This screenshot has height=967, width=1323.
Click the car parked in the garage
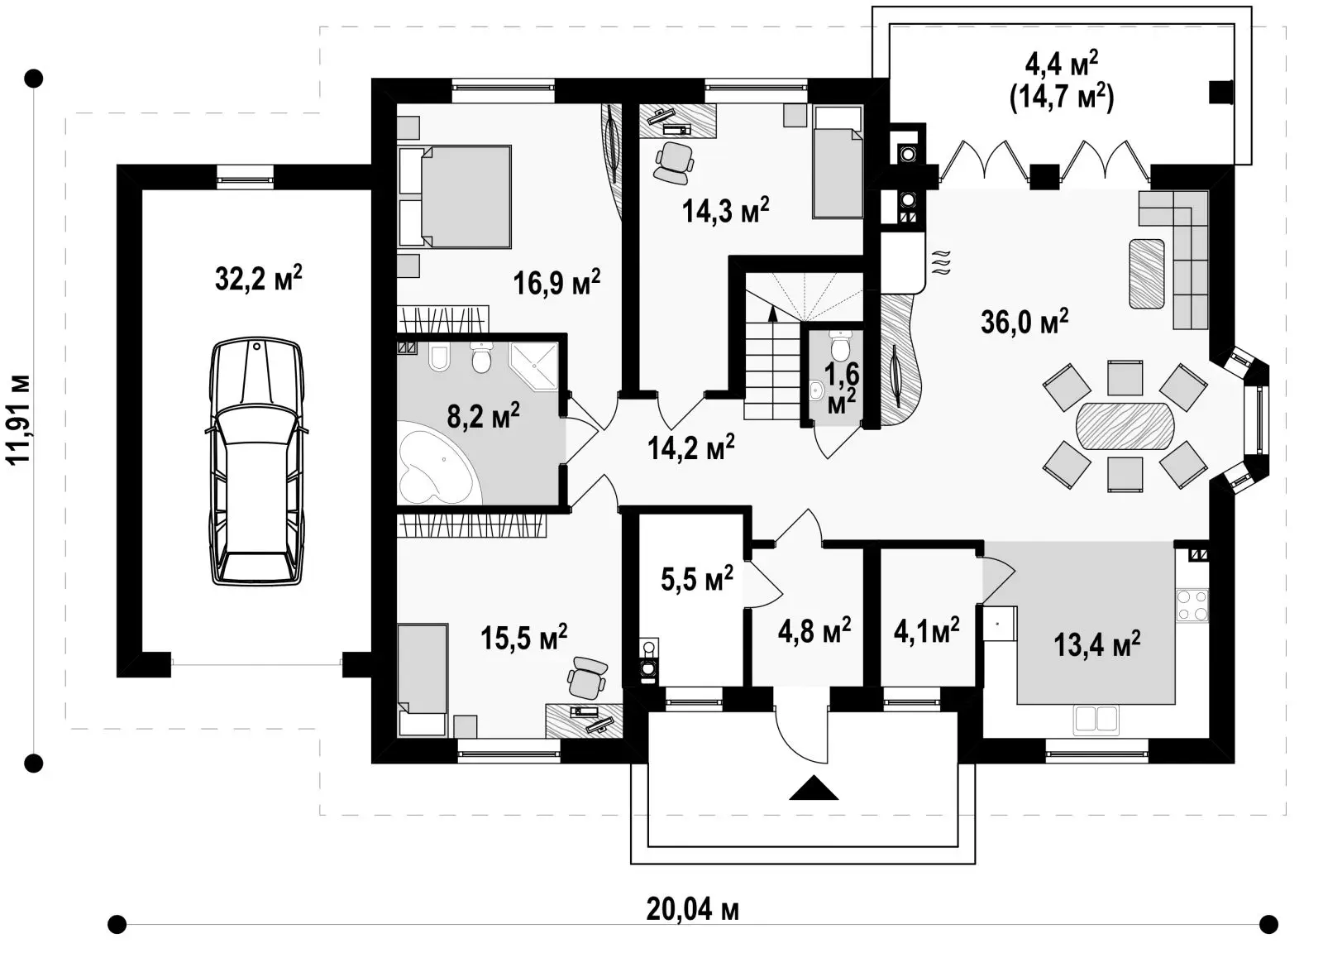257,462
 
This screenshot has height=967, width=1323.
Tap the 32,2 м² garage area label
259,278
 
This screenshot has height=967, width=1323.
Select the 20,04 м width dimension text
693,910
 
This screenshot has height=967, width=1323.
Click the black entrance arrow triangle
814,787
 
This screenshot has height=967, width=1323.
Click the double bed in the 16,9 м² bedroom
456,196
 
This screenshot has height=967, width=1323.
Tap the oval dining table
1125,426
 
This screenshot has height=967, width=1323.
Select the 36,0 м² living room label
1024,322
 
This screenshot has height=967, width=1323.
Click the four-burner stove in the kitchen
1192,606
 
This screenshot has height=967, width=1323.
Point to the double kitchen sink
1096,720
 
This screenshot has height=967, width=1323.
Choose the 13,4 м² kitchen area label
1096,644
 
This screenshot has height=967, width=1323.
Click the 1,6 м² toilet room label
843,387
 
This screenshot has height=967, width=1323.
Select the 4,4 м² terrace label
1062,64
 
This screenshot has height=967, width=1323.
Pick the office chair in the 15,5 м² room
586,677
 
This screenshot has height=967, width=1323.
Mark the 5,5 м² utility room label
697,578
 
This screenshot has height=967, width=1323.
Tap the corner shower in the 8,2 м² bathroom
534,366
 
